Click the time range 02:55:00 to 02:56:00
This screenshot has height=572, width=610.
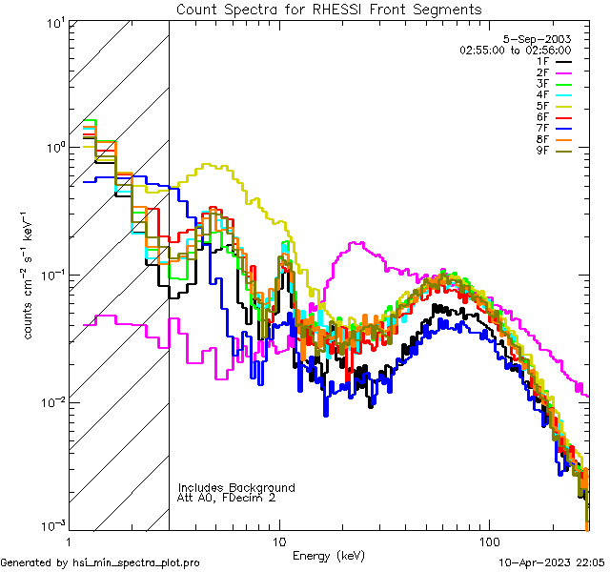click(515, 50)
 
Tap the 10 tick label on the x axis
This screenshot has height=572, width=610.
click(279, 541)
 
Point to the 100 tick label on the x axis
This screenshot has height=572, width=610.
click(488, 541)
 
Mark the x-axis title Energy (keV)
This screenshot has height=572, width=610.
click(328, 555)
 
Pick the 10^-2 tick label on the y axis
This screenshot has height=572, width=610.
click(50, 401)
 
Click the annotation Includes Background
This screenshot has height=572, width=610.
click(236, 487)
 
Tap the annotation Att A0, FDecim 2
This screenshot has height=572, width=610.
click(227, 498)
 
